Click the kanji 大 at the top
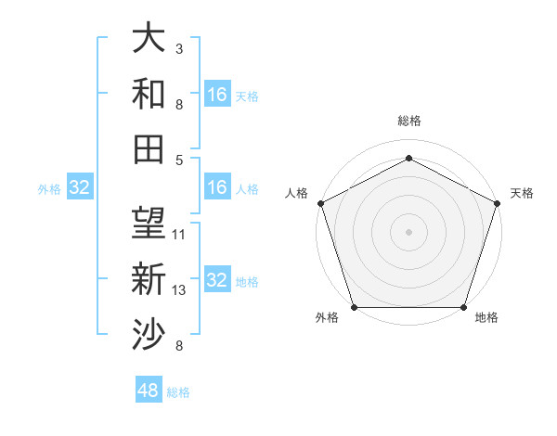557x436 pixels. pyautogui.click(x=149, y=38)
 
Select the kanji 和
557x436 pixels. pyautogui.click(x=149, y=93)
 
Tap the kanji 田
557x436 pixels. pyautogui.click(x=149, y=147)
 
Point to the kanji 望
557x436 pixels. pyautogui.click(x=149, y=224)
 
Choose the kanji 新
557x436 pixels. pyautogui.click(x=149, y=278)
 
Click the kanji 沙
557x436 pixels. pyautogui.click(x=149, y=333)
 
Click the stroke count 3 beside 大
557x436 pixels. pyautogui.click(x=178, y=47)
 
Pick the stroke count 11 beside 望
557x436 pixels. pyautogui.click(x=179, y=234)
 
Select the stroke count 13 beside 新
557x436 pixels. pyautogui.click(x=179, y=290)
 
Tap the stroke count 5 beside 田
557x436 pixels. pyautogui.click(x=178, y=160)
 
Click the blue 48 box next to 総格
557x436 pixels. pyautogui.click(x=149, y=391)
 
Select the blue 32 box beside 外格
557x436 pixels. pyautogui.click(x=80, y=188)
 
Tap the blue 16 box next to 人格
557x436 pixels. pyautogui.click(x=216, y=188)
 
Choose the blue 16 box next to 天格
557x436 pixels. pyautogui.click(x=216, y=95)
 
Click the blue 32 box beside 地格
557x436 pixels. pyautogui.click(x=216, y=280)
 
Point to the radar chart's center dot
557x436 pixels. pyautogui.click(x=408, y=231)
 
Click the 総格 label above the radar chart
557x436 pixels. pyautogui.click(x=408, y=122)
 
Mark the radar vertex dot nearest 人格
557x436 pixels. pyautogui.click(x=320, y=203)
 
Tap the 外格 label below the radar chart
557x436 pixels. pyautogui.click(x=327, y=318)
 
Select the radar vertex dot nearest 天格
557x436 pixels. pyautogui.click(x=497, y=203)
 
